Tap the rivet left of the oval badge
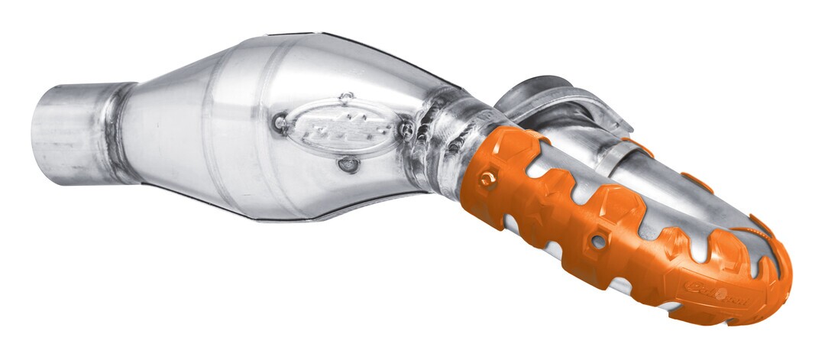[280, 122]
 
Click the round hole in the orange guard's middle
[597, 242]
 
